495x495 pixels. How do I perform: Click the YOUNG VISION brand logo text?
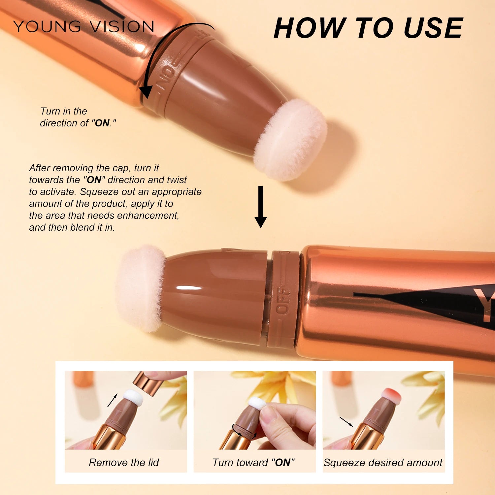point(83,26)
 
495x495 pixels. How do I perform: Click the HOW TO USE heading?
point(368,28)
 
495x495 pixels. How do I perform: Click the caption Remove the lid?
point(124,462)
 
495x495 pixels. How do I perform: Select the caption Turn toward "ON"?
point(253,462)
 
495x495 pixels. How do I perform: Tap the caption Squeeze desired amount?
point(383,462)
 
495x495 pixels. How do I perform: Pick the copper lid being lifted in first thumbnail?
point(147,383)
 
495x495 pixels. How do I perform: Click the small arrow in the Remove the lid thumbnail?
point(112,400)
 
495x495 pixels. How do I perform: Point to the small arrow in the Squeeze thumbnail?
point(346,421)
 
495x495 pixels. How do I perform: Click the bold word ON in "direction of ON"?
point(102,123)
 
